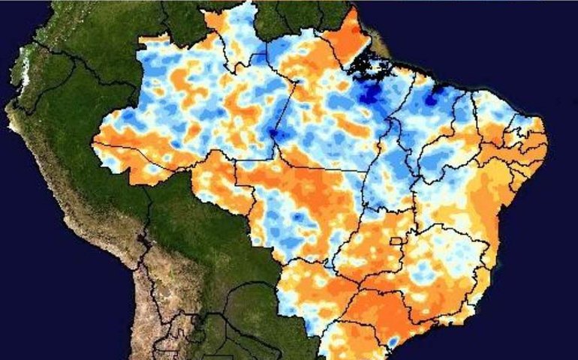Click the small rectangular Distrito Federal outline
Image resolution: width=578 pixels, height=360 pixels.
[396, 241]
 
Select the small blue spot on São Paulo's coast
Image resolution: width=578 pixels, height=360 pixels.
[392, 341]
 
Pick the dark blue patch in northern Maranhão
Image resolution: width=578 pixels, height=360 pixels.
[433, 97]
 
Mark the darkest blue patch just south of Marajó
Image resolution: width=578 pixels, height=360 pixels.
[369, 95]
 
